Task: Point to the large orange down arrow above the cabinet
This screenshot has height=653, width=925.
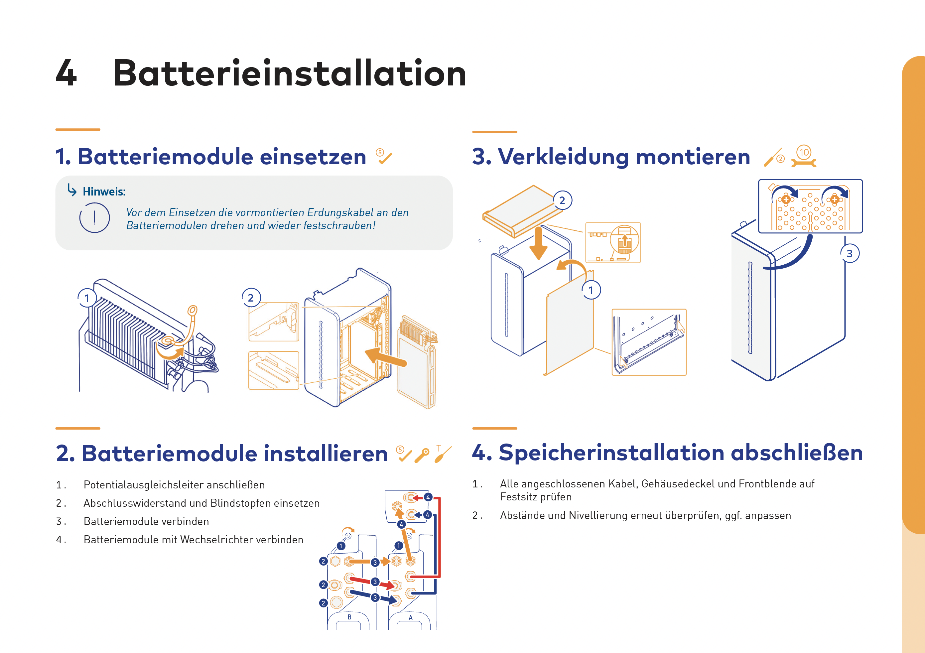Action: (x=538, y=243)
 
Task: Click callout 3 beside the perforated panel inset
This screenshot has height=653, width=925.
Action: (x=850, y=253)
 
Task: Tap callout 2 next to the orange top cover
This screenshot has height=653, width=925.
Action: (x=562, y=200)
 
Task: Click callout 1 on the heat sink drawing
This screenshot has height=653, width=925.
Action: (x=87, y=298)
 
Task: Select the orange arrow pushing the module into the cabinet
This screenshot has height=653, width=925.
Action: (x=386, y=357)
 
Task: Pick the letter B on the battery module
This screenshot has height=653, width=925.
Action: (x=349, y=617)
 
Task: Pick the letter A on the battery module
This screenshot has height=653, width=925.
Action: (x=411, y=617)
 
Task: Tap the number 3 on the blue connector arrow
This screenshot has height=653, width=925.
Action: (x=375, y=597)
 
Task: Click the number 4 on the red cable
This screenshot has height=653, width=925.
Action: (x=428, y=497)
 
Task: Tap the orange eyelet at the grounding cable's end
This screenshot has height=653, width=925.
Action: (x=193, y=310)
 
